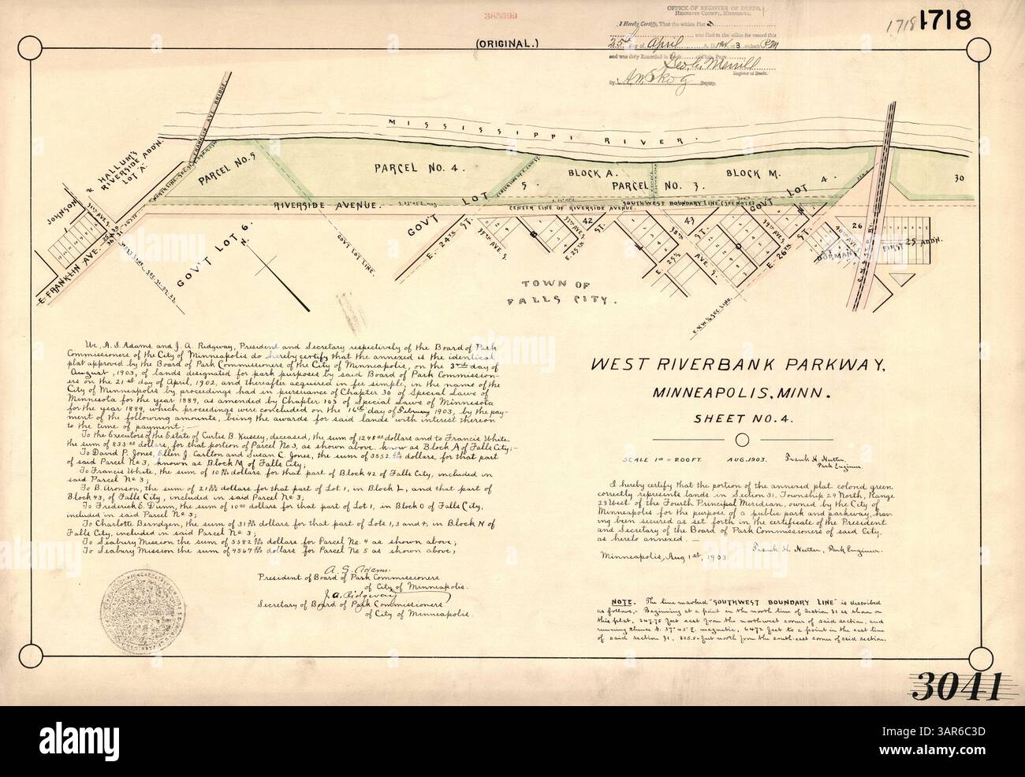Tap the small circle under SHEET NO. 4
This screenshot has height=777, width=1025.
[740, 439]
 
